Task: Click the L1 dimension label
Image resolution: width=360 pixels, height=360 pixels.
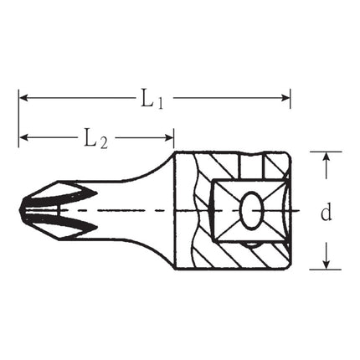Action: pos(152,99)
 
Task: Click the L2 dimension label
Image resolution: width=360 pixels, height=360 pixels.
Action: pos(95,138)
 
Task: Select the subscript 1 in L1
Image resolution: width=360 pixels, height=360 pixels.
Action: pos(159,102)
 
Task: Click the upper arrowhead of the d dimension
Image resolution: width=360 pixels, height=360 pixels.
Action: pos(325,157)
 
